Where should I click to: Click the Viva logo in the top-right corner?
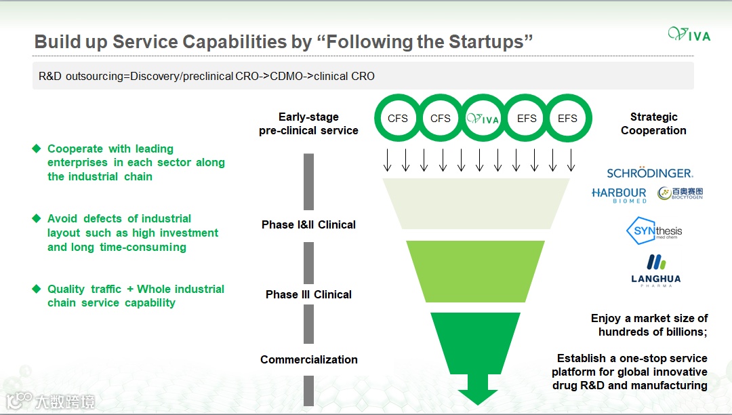(x=689, y=34)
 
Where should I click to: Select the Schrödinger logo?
(x=649, y=173)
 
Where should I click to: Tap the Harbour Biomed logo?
(x=619, y=195)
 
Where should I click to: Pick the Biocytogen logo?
(x=680, y=194)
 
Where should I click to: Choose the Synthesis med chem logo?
(x=653, y=232)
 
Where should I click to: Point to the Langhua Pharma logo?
(x=655, y=270)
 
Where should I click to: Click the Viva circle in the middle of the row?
(x=483, y=119)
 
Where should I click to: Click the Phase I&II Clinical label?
(x=308, y=224)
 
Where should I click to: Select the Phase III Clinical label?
(x=308, y=294)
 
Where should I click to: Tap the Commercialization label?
(x=308, y=359)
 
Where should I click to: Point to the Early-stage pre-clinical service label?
(x=308, y=123)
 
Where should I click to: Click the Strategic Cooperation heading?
(x=653, y=123)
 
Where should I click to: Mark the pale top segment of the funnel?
(x=476, y=203)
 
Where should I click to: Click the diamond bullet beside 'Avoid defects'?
(x=37, y=218)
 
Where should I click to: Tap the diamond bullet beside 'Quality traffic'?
(x=37, y=289)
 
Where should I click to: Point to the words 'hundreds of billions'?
(x=653, y=332)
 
